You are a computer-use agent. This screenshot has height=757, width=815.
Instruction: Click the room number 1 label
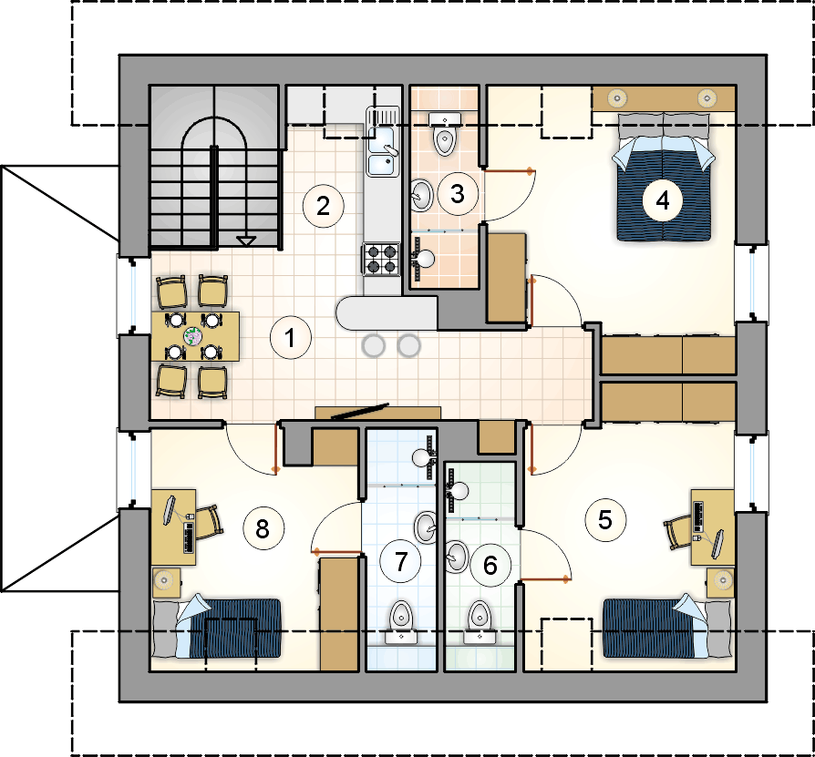click(x=291, y=338)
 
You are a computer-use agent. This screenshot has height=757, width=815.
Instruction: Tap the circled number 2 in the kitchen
click(x=324, y=206)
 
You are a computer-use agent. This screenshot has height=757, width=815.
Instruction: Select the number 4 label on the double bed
click(x=663, y=200)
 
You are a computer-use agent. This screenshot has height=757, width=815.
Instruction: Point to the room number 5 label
click(x=605, y=520)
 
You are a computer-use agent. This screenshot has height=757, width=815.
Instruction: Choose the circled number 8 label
click(x=263, y=528)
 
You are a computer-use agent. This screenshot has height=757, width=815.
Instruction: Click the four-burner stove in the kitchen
click(x=381, y=259)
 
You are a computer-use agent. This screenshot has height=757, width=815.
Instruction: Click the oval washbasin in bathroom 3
click(x=421, y=195)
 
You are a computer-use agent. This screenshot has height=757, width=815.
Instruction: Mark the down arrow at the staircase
click(x=246, y=240)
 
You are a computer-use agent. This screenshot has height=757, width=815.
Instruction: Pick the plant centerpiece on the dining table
click(x=193, y=336)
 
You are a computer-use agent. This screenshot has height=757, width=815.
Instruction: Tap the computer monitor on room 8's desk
click(x=170, y=510)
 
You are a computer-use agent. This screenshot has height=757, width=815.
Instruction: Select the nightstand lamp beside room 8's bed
click(x=164, y=579)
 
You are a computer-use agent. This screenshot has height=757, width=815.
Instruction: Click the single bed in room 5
click(x=668, y=628)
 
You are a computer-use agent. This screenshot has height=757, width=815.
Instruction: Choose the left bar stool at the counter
click(x=374, y=346)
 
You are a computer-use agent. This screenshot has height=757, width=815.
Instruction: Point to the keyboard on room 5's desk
click(x=698, y=517)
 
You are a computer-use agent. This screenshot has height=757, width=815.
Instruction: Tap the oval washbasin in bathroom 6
click(x=457, y=557)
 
